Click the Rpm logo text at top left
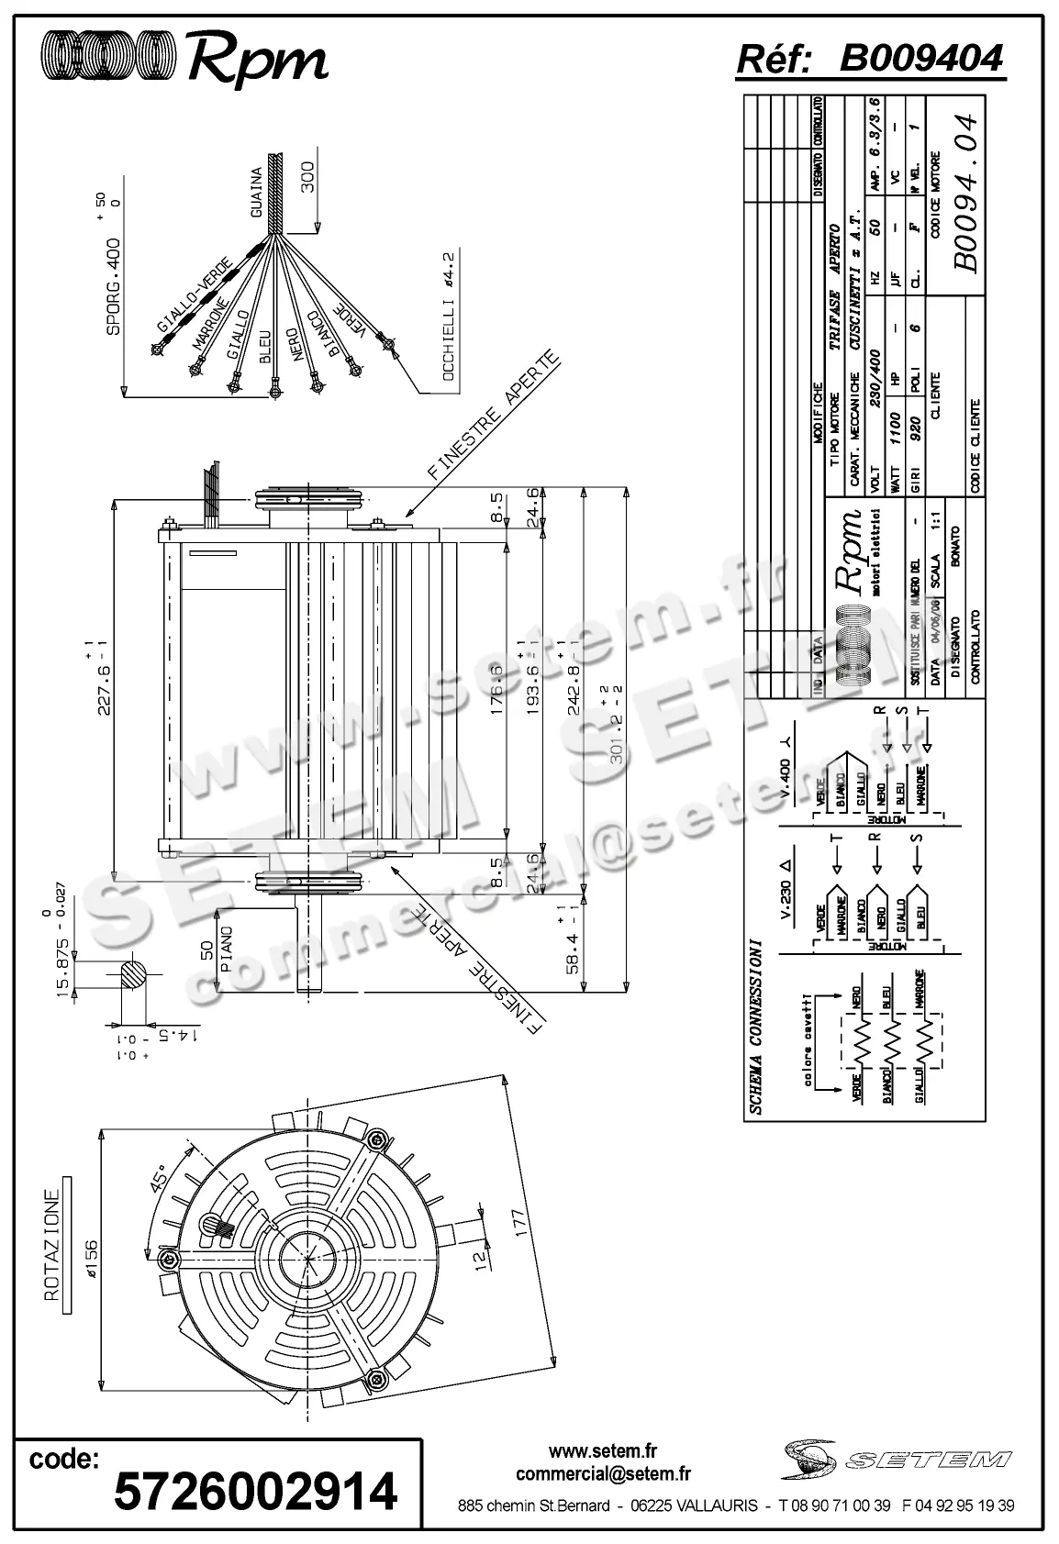pos(257,58)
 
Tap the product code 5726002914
pos(254,1490)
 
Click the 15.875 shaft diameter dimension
pos(62,963)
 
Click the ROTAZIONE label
pos(53,1243)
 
